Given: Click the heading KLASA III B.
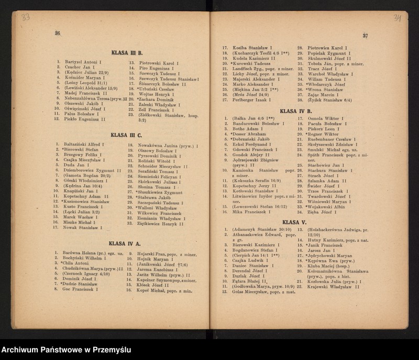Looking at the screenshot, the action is [127, 53].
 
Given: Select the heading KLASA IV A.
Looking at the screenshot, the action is [125, 244].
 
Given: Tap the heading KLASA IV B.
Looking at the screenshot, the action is [296, 111].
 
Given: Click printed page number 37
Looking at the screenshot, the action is [365, 36].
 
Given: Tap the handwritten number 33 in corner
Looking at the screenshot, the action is [25, 17].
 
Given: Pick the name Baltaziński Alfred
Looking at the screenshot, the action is [84, 144].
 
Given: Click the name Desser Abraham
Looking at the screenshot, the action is [248, 134].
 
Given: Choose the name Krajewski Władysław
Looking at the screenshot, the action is [332, 287].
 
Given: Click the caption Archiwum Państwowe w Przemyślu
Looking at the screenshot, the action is [66, 350].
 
